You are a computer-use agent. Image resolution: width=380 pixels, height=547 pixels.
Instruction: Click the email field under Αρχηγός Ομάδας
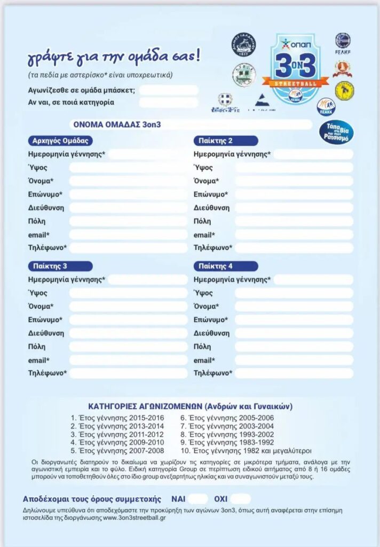128,235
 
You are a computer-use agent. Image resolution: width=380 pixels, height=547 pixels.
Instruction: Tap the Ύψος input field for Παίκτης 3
128,293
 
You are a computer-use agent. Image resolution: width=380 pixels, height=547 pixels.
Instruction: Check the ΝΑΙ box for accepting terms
198,499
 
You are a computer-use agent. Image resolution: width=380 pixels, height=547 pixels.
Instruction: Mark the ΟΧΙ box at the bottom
241,499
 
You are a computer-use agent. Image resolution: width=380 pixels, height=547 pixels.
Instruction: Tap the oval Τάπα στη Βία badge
336,131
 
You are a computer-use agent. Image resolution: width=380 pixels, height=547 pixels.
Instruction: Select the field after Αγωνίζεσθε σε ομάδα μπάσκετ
168,90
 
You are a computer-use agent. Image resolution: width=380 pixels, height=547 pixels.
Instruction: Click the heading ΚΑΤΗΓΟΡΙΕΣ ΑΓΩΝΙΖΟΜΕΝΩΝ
189,406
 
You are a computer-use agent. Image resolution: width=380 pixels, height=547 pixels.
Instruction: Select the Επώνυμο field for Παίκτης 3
128,320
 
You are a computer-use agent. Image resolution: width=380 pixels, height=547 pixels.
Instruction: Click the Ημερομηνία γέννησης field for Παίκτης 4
313,280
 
